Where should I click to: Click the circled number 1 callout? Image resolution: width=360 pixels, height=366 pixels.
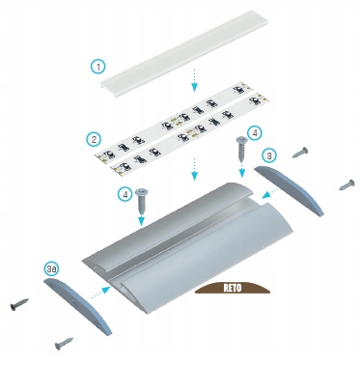pos(98,67)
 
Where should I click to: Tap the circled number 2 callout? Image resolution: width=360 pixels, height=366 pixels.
pos(94,139)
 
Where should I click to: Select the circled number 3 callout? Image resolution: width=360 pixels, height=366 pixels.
pos(269,155)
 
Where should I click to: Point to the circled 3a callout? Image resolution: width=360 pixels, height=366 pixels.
pos(51,269)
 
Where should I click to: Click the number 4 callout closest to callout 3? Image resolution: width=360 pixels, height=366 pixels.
pos(255,132)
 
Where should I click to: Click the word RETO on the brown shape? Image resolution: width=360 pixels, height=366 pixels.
pos(233,288)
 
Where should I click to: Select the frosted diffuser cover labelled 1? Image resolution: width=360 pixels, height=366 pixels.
pos(184,50)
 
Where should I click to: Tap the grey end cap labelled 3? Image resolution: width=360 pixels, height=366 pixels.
pos(289,190)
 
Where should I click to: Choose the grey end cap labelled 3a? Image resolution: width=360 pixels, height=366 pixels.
pos(77,305)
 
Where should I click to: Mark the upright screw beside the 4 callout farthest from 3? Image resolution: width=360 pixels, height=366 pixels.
pos(142,202)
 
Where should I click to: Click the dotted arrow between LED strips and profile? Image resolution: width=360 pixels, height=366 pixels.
pos(194,169)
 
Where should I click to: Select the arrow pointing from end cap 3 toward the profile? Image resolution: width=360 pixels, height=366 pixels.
pos(270,194)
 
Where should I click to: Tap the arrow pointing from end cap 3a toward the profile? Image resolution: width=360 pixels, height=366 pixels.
pos(101,293)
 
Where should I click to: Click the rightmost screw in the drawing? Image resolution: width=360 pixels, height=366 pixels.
pos(346,184)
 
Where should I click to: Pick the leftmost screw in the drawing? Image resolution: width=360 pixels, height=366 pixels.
pos(18,304)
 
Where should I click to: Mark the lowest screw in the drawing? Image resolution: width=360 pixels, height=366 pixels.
pos(64,344)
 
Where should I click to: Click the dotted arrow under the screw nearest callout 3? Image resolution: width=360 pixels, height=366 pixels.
pos(241,170)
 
